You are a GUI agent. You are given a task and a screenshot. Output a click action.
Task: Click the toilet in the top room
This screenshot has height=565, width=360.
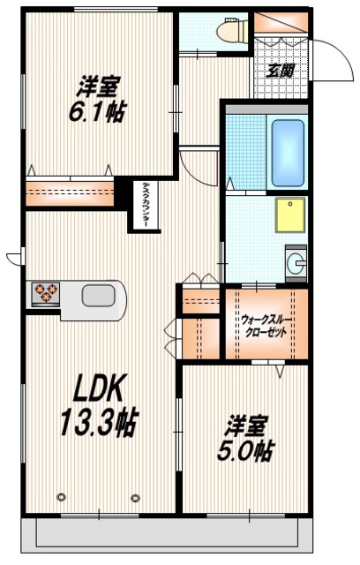231,32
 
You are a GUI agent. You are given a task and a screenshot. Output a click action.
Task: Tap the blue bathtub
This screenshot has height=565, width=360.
287,152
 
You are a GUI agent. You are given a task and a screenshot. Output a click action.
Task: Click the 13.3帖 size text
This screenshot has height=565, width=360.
97,421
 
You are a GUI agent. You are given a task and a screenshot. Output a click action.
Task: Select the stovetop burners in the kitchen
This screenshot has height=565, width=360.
44,292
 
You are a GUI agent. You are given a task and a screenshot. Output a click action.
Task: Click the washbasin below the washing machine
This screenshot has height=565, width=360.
296,261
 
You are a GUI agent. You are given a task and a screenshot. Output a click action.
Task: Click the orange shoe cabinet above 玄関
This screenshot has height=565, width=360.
280,24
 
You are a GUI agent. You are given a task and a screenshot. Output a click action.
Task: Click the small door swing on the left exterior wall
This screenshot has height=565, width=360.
12,258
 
